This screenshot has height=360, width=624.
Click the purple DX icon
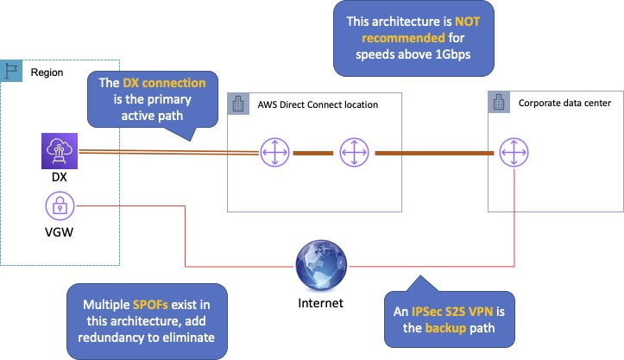tap(60, 151)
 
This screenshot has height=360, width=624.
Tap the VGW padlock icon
tap(60, 208)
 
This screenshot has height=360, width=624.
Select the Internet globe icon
tap(319, 264)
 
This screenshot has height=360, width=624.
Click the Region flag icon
tap(12, 71)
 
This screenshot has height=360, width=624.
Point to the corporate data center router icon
tap(512, 153)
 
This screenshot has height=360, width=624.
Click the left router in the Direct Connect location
tap(274, 153)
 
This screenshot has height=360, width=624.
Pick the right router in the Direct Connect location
tap(353, 153)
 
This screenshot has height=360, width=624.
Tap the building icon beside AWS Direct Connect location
tap(237, 104)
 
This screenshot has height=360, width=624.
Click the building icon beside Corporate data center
tap(499, 102)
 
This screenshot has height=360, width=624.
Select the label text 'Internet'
tap(320, 303)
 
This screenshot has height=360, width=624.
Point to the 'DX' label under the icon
tap(60, 178)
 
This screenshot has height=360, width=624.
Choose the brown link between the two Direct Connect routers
tap(313, 153)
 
